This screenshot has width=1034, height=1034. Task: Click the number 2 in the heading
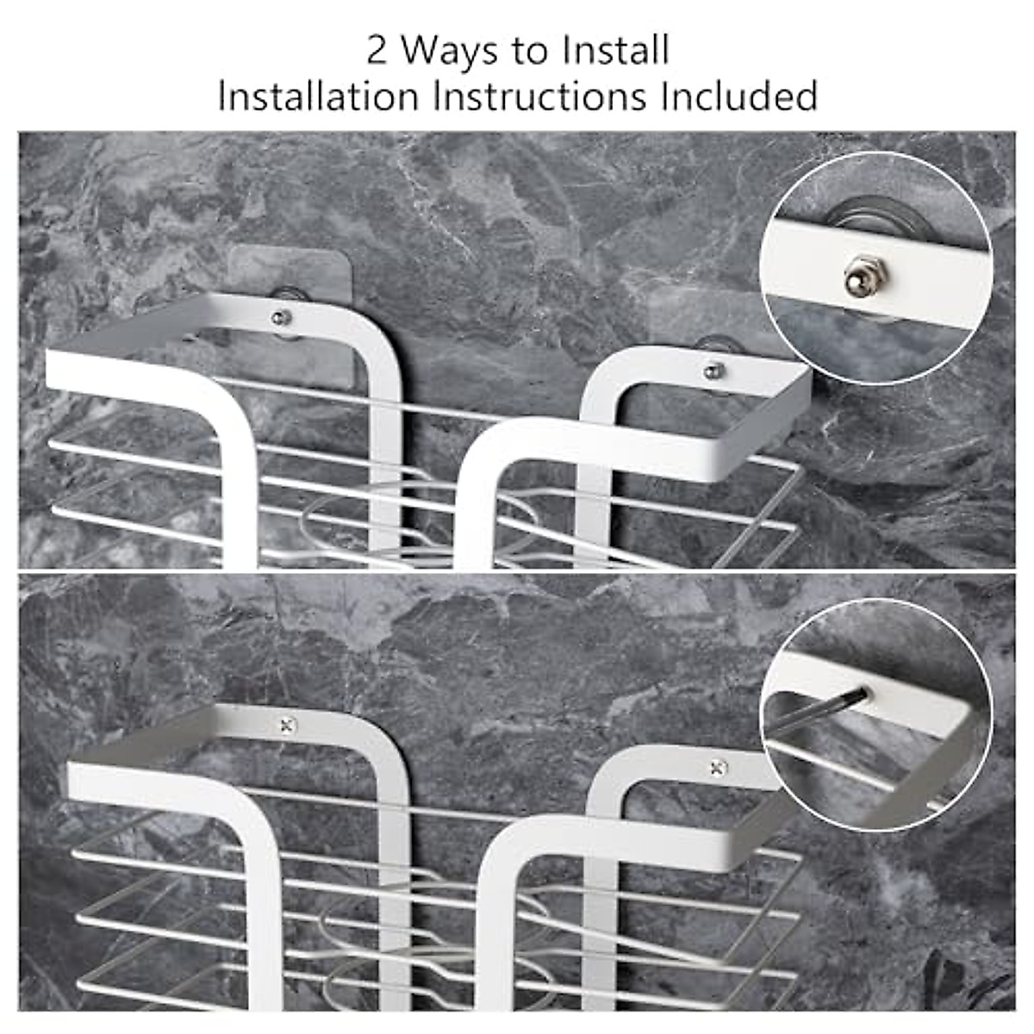[x=377, y=51]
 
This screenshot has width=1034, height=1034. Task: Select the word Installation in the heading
[x=318, y=96]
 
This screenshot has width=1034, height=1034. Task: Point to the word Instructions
[x=540, y=96]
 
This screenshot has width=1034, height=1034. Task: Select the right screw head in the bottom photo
[x=717, y=768]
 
